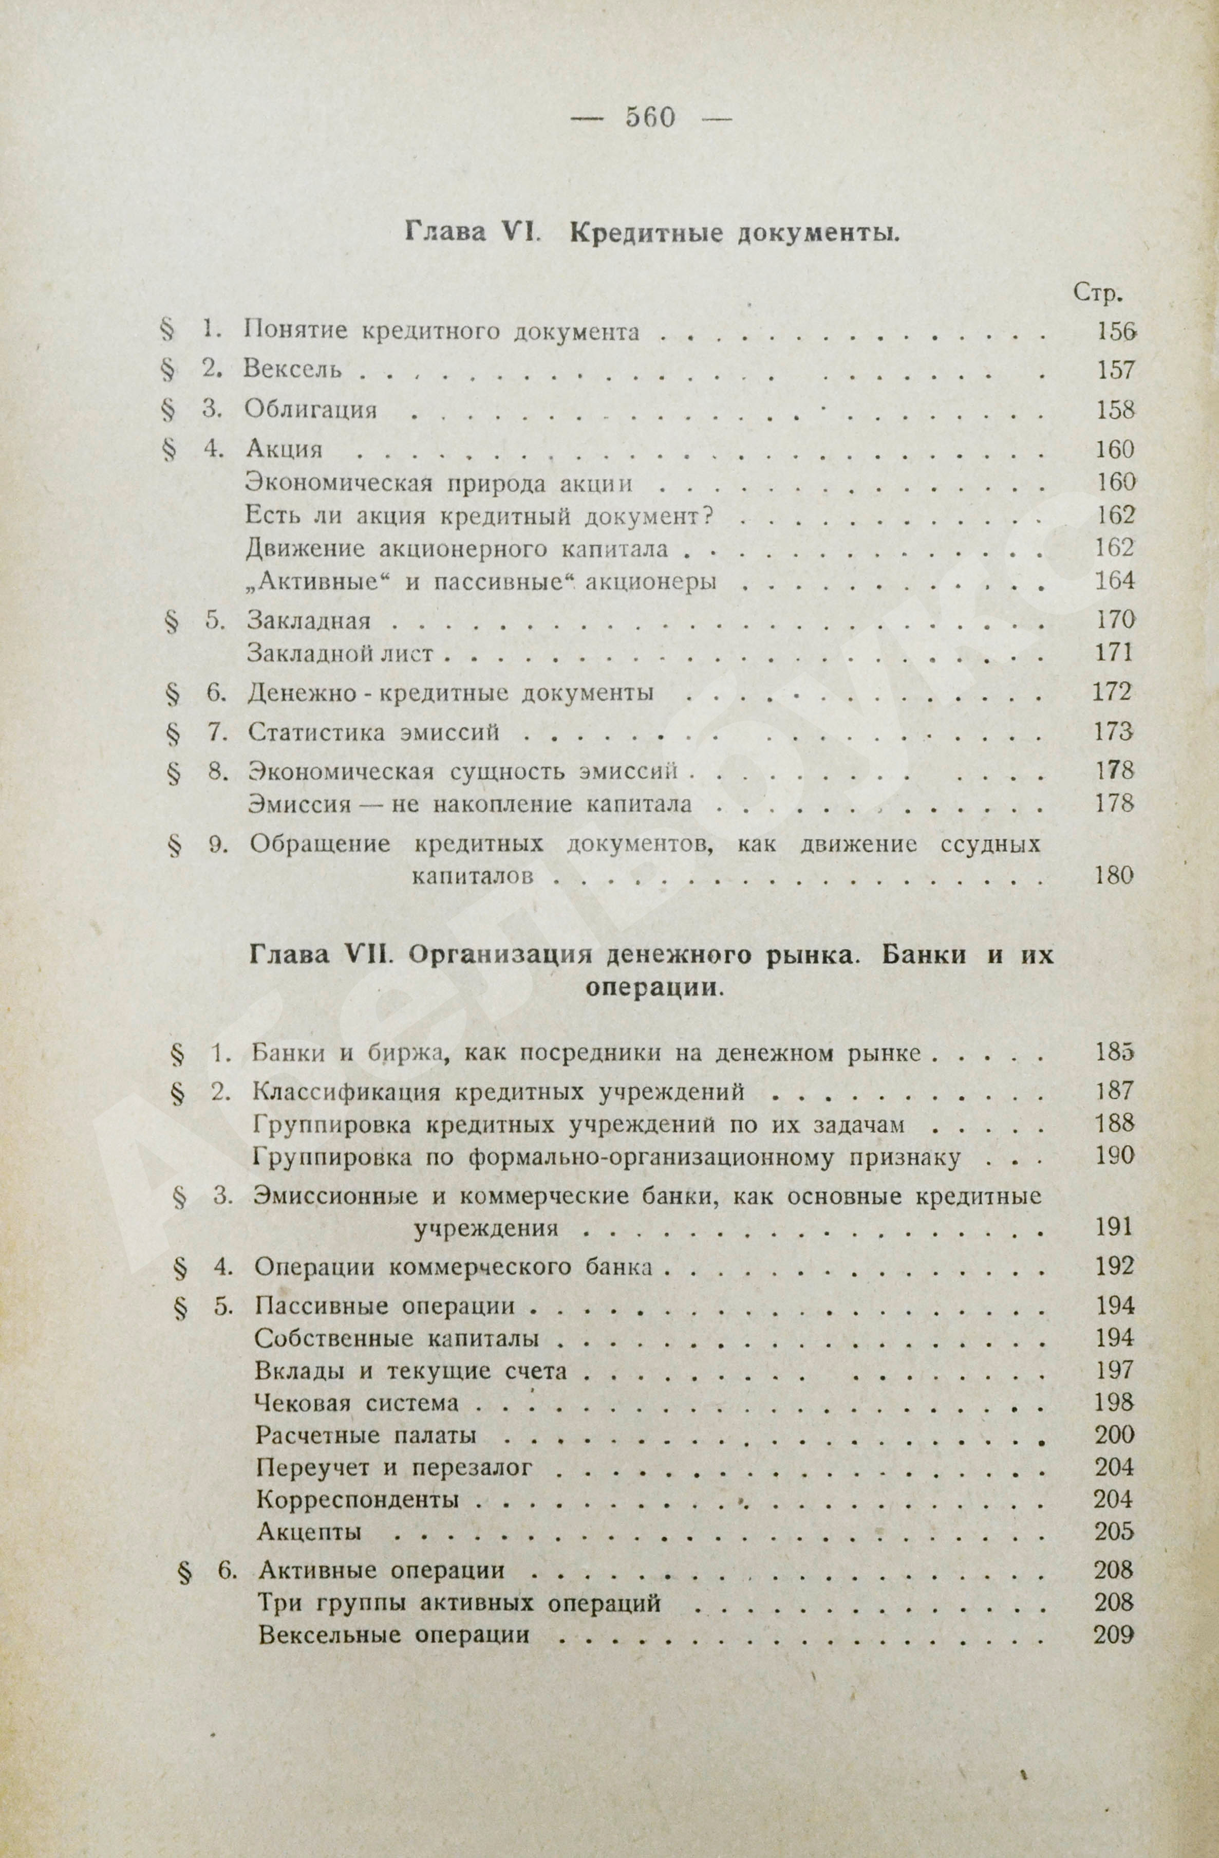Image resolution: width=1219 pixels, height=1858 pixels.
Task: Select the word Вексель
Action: [293, 369]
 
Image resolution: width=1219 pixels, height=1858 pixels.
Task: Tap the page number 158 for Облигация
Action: [1113, 409]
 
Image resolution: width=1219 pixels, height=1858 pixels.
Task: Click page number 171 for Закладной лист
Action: [1113, 653]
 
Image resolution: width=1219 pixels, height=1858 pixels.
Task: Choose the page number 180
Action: [1113, 876]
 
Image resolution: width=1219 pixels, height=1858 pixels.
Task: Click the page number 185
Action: [1113, 1053]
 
